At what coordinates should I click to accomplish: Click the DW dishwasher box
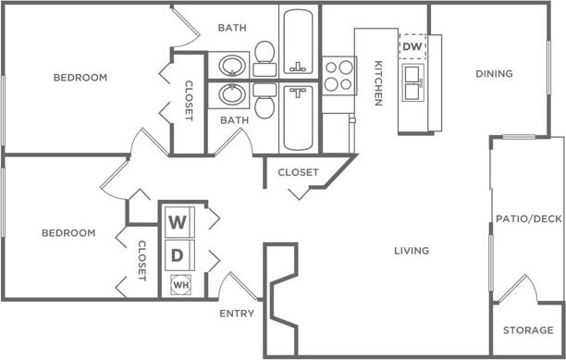tap(412, 46)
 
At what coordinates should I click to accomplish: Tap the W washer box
tap(178, 222)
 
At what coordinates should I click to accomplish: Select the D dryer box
tap(178, 254)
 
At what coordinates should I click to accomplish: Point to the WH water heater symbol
tap(180, 285)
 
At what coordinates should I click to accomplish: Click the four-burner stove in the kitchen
tap(338, 74)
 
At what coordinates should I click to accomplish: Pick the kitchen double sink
tap(412, 81)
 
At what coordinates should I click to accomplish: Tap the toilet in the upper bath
tap(265, 56)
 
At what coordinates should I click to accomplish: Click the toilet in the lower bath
tap(264, 103)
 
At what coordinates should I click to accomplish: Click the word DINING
tap(494, 74)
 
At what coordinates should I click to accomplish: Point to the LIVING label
tap(412, 251)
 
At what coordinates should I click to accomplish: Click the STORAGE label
tap(527, 330)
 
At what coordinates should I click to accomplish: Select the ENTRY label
tap(237, 314)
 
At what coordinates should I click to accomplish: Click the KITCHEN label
tap(378, 83)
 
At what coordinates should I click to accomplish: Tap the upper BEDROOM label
tap(80, 78)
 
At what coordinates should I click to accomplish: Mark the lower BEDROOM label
tap(68, 233)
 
